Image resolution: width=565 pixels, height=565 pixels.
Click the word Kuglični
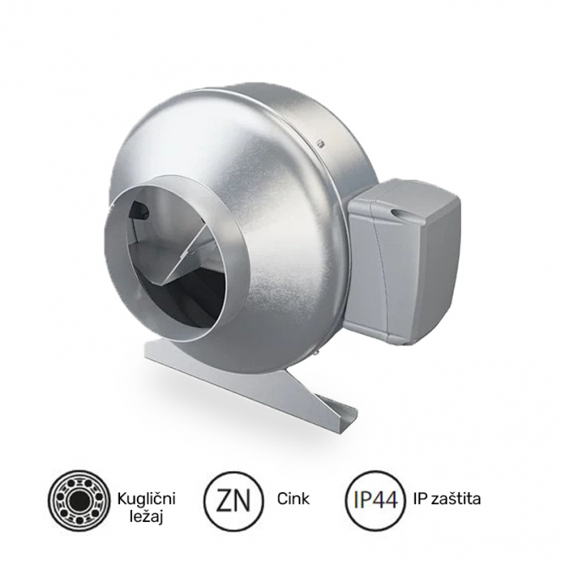[145, 490]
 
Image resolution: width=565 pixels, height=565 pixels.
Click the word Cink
[294, 499]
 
